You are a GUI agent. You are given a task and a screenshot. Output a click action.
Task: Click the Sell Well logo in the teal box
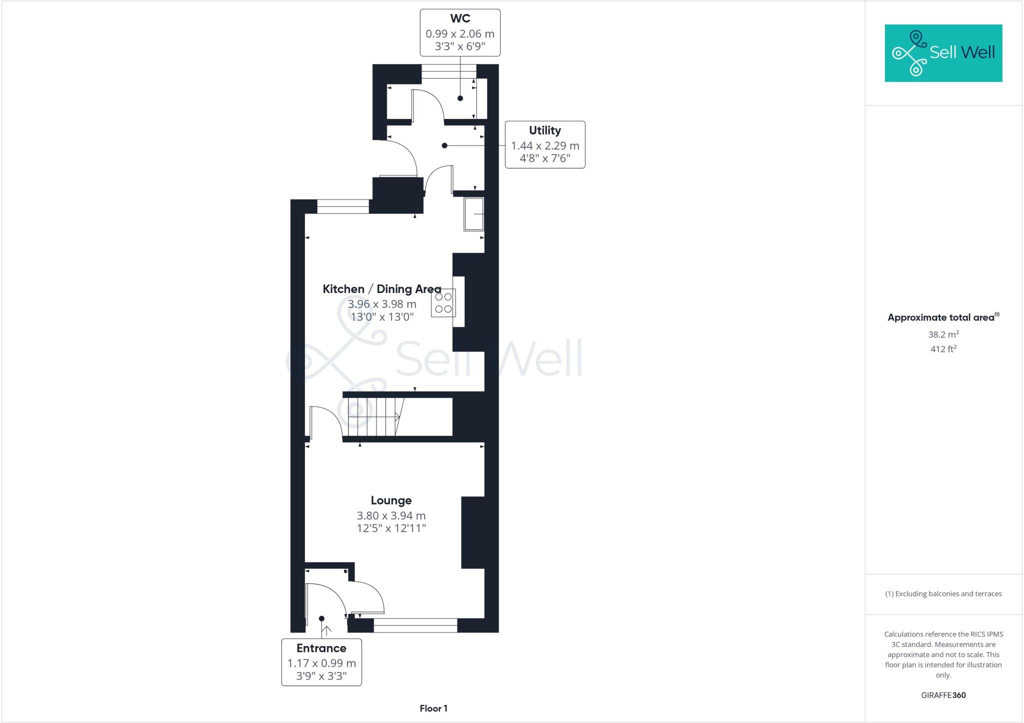[943, 53]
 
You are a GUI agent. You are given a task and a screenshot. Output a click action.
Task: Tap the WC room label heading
[460, 18]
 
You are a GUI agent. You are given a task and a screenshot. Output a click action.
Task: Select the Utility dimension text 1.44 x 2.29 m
[544, 146]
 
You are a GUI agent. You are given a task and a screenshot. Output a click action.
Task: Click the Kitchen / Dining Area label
[381, 289]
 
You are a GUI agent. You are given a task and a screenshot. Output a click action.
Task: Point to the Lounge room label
[391, 500]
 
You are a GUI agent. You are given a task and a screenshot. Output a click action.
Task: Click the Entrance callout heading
[321, 648]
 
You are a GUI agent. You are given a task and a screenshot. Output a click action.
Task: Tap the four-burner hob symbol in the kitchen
[443, 303]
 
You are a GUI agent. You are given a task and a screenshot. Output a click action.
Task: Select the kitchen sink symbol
[473, 214]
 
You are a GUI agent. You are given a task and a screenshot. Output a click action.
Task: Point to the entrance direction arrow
[325, 630]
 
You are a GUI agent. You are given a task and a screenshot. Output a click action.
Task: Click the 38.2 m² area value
[943, 334]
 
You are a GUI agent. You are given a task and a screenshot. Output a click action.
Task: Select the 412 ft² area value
[943, 349]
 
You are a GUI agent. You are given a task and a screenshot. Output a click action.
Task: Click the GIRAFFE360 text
[943, 695]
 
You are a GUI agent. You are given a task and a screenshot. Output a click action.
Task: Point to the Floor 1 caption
[433, 708]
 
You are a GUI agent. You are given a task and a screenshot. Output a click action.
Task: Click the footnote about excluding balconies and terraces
[943, 594]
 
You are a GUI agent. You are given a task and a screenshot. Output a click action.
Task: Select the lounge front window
[415, 625]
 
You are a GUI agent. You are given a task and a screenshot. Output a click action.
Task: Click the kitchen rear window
[343, 206]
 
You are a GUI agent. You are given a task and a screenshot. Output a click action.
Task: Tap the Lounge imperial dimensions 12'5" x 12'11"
[391, 528]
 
